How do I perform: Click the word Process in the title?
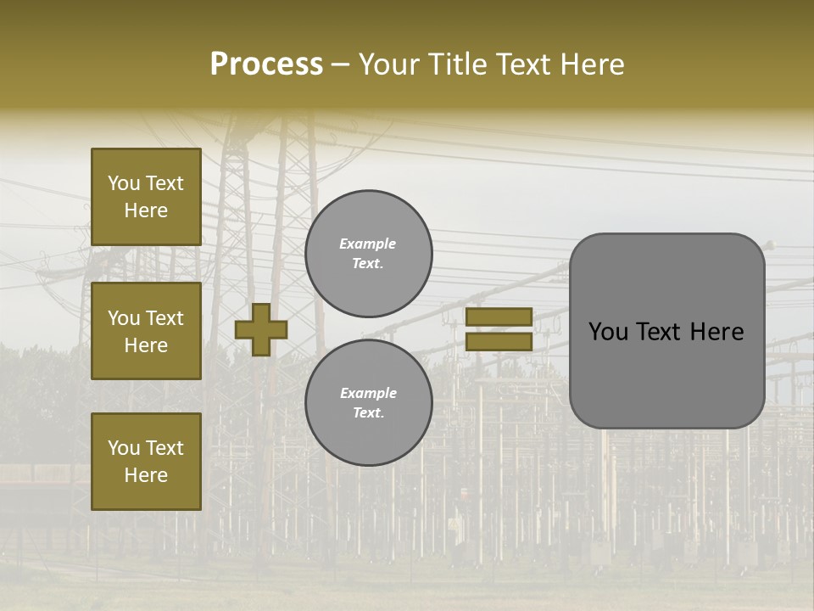[266, 64]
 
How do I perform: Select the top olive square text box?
[146, 197]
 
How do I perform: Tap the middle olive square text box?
[146, 331]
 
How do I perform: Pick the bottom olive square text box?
[146, 461]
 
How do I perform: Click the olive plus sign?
[261, 329]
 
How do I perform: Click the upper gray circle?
[368, 253]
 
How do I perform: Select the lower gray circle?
[368, 402]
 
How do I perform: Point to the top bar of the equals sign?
[499, 317]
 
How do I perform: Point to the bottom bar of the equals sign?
[499, 341]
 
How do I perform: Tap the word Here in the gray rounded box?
[717, 332]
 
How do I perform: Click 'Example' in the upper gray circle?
[367, 244]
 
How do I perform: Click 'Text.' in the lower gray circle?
[368, 412]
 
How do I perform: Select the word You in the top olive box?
[124, 183]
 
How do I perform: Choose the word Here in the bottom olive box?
[146, 475]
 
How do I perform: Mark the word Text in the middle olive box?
[164, 318]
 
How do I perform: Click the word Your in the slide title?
[388, 64]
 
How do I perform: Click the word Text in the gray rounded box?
[658, 332]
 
